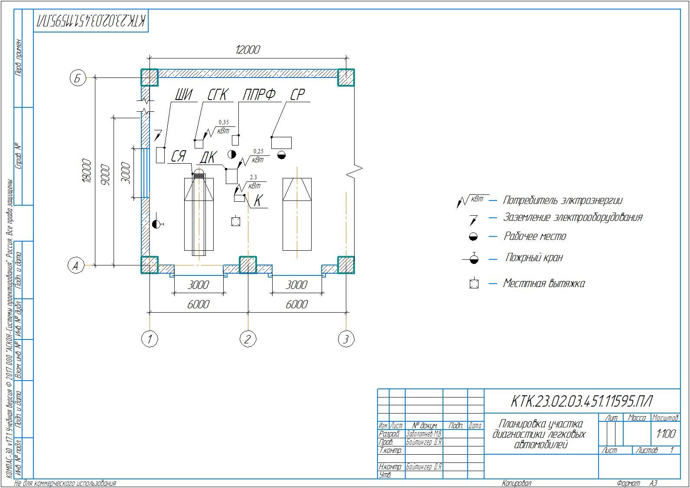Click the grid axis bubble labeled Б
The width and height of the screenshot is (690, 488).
click(x=78, y=78)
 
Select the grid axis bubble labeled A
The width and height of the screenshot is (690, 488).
click(x=76, y=265)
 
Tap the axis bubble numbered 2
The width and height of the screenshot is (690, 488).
click(x=247, y=339)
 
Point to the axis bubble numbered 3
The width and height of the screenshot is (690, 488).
click(x=346, y=339)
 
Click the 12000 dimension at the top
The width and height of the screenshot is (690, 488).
click(x=247, y=50)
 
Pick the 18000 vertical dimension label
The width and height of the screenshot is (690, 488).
click(x=87, y=171)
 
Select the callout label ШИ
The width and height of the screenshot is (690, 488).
click(x=184, y=95)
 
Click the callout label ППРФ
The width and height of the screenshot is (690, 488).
click(x=259, y=95)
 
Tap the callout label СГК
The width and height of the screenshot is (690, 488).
click(x=217, y=95)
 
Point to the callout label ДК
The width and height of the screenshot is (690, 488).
click(x=208, y=157)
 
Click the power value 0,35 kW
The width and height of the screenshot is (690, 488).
click(x=224, y=123)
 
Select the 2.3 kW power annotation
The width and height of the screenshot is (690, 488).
click(x=254, y=177)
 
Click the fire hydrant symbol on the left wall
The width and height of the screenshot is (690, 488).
click(x=156, y=224)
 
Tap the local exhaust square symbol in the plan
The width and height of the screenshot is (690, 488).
click(x=236, y=221)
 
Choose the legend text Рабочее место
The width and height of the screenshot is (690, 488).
click(x=534, y=236)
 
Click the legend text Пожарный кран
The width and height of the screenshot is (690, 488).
click(x=534, y=258)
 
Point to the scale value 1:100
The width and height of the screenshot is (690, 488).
click(x=665, y=433)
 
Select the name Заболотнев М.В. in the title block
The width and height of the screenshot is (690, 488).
click(x=423, y=434)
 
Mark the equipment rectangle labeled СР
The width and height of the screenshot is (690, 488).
click(x=281, y=142)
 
